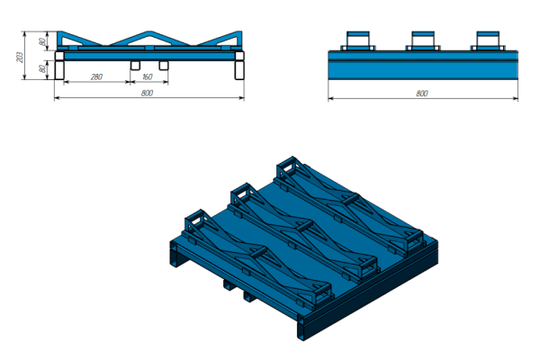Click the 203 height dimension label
(x=20, y=58)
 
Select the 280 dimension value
(x=97, y=76)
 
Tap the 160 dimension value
(x=147, y=76)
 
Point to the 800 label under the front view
(x=147, y=93)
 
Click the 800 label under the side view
(x=422, y=94)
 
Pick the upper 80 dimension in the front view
(x=42, y=41)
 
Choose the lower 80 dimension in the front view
(x=42, y=68)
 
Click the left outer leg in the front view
(x=59, y=70)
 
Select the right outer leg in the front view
(x=239, y=70)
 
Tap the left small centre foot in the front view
(x=135, y=66)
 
